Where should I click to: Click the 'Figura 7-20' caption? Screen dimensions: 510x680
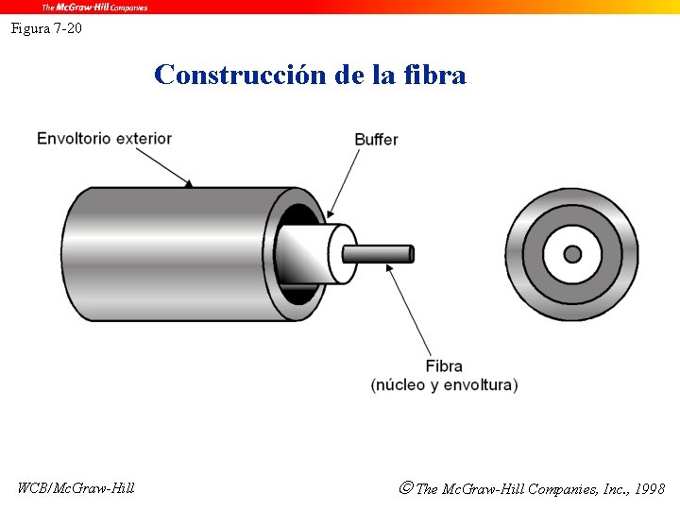[x=46, y=28]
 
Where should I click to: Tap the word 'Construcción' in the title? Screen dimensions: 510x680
[x=240, y=75]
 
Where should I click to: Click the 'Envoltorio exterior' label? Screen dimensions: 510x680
[x=104, y=139]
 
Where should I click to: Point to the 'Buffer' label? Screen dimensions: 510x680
[x=376, y=140]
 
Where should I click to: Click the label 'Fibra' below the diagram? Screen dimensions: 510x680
[x=444, y=366]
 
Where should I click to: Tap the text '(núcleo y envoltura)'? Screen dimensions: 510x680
[x=444, y=385]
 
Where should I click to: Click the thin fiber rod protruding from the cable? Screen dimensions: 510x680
[x=378, y=254]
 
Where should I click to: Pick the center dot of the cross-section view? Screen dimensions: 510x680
[x=572, y=254]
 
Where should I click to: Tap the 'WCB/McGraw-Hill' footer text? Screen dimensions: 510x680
[x=76, y=488]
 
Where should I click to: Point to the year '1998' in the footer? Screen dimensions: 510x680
[x=650, y=489]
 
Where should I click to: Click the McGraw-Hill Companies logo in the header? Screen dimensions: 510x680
[x=93, y=7]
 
